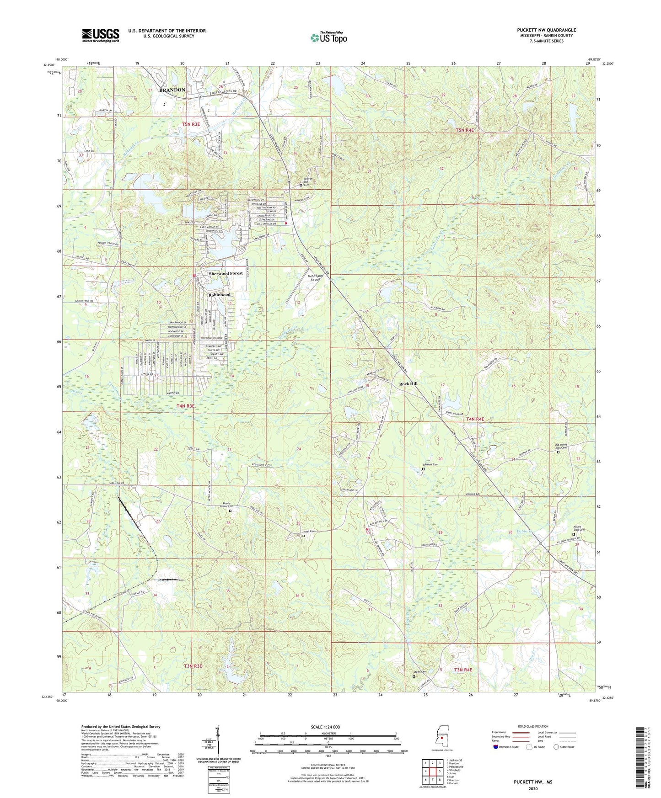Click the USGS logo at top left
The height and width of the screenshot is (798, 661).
pos(100,35)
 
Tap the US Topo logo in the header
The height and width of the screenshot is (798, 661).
pos(328,37)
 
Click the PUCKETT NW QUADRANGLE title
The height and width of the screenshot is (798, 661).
pos(540,30)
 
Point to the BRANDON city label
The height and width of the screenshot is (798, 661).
pos(172,90)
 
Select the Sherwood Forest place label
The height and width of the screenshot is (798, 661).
pos(226,273)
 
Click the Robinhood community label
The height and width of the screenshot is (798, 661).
pos(220,295)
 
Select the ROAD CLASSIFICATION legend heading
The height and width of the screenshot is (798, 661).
pos(533,726)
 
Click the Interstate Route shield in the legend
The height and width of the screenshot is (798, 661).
pos(496,747)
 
